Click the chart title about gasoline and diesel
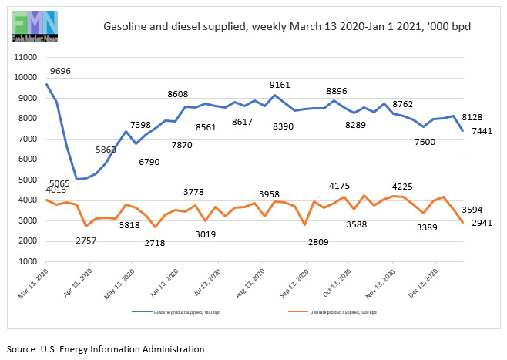[287, 26]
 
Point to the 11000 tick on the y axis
[26, 57]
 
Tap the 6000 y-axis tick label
[29, 160]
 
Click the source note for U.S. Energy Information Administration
[106, 349]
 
